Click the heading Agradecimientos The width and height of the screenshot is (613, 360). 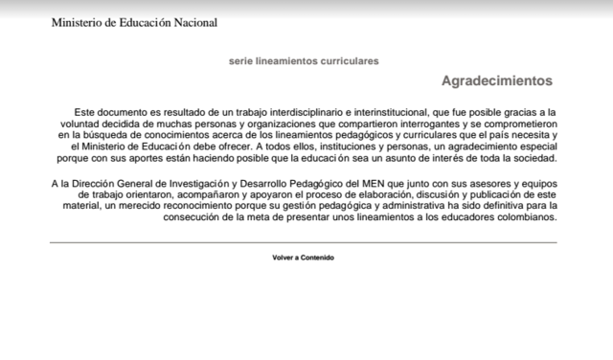[496, 81]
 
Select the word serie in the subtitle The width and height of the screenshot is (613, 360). [240, 60]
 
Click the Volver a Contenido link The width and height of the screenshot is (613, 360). [303, 258]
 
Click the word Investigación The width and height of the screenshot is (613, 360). [196, 183]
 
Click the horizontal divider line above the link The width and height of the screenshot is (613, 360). [303, 242]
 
